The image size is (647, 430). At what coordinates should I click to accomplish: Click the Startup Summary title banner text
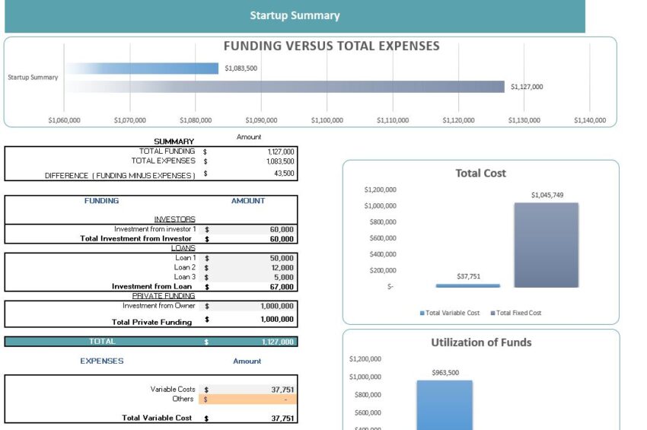pos(295,15)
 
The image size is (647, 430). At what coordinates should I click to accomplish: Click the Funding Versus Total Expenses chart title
pos(331,46)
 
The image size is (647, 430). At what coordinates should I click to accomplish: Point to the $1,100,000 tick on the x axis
pos(327,120)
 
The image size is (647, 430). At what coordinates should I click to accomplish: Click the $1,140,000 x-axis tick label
pos(590,120)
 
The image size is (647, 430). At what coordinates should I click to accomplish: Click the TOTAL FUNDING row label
pos(163,151)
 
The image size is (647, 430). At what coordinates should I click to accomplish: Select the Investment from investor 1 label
pos(155,229)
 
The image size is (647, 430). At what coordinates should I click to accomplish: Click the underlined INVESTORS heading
pos(174,219)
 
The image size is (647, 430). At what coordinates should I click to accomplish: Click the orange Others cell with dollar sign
pos(248,399)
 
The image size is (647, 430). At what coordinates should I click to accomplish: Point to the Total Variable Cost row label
pos(157,418)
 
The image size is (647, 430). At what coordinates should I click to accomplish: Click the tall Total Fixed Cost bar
pos(546,245)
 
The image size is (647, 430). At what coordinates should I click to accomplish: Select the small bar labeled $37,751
pos(467,285)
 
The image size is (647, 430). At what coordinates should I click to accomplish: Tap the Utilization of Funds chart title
pos(481,342)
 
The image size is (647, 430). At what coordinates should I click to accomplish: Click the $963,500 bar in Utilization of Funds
pos(445,403)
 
